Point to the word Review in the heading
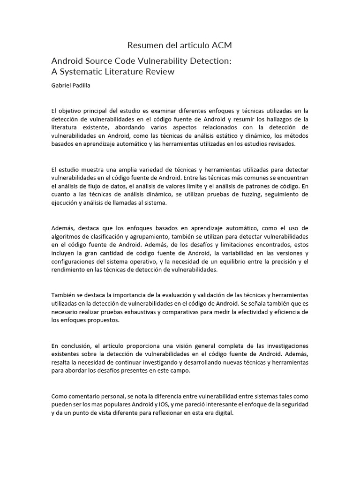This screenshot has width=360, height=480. [x=159, y=72]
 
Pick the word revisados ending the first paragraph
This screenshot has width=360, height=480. [x=280, y=144]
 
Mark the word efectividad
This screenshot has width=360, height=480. [x=247, y=312]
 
